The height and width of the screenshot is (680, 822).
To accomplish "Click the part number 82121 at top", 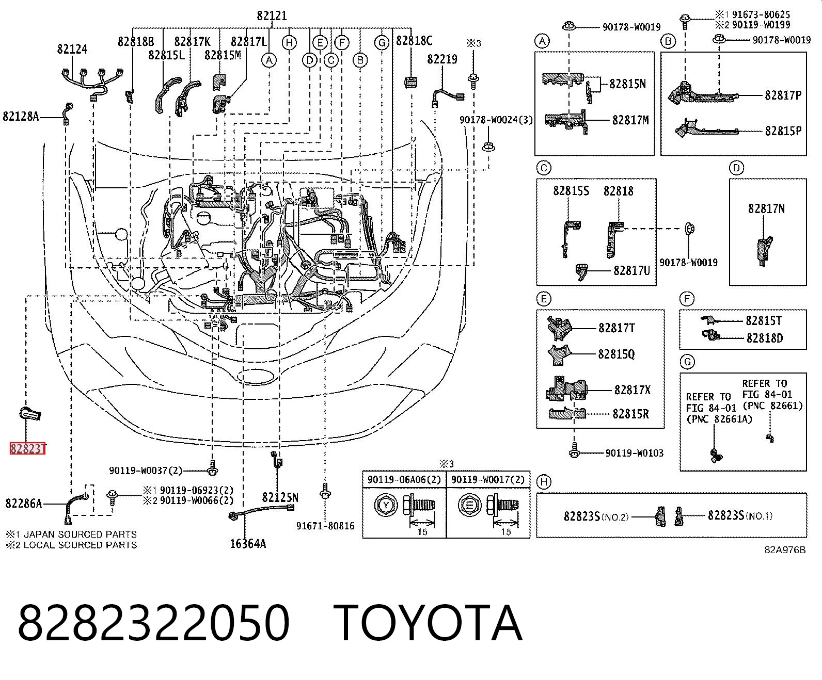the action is tap(272, 16).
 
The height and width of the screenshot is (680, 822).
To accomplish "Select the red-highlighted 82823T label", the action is tap(27, 449).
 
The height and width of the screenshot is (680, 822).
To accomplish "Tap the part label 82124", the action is tap(72, 49).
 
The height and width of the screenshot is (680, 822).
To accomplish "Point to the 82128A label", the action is tap(21, 117).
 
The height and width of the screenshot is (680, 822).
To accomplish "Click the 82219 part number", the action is tap(442, 59).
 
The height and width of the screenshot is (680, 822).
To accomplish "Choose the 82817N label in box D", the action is tap(766, 208).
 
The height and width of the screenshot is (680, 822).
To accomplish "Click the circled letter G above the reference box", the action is tap(687, 362).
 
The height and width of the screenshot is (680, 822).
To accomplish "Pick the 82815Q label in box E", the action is tap(616, 354).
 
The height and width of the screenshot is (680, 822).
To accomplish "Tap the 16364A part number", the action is tap(248, 544).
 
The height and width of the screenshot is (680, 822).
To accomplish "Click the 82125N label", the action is tap(280, 498).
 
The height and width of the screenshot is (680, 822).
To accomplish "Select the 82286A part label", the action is tap(24, 504).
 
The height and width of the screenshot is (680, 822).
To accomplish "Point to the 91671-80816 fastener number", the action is tap(326, 526).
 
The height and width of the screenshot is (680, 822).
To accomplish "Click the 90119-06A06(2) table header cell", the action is tap(404, 480).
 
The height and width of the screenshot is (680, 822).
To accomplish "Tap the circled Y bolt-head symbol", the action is tap(386, 505).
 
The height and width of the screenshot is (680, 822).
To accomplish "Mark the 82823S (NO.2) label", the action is tap(596, 516).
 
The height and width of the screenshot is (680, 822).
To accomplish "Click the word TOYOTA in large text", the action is tap(428, 623).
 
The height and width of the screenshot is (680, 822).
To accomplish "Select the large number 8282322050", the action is tap(153, 623).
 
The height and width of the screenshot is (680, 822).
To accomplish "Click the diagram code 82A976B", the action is tap(785, 550).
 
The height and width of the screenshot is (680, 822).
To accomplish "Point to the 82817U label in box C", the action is tap(632, 271).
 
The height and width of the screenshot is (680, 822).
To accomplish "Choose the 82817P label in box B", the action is tap(783, 95).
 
